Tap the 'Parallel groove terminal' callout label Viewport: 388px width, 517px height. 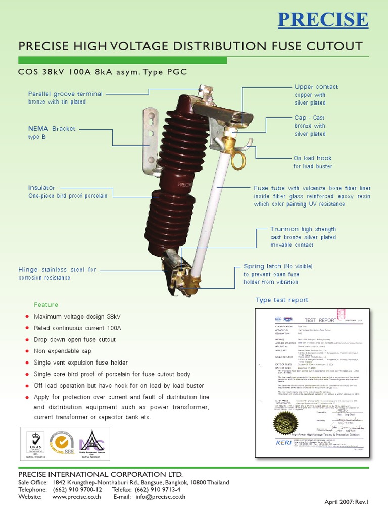65,94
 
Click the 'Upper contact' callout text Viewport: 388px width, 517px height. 316,87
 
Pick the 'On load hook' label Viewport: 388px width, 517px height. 312,158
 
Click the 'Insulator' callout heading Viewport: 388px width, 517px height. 41,188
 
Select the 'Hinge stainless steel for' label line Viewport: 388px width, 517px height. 57,270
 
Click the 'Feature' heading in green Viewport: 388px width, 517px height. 46,305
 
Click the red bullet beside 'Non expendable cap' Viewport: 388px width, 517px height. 27,351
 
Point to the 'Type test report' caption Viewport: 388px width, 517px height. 281,300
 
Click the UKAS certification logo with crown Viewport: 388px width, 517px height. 35,443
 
